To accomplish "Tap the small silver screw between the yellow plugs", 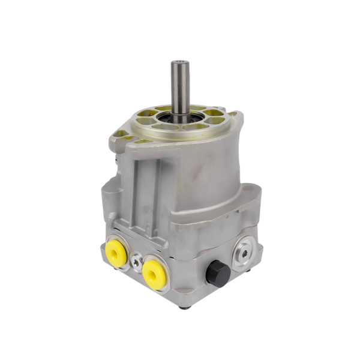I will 137,262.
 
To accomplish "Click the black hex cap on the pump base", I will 217,274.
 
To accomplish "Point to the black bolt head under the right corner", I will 249,270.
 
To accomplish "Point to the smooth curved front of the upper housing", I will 204,174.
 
